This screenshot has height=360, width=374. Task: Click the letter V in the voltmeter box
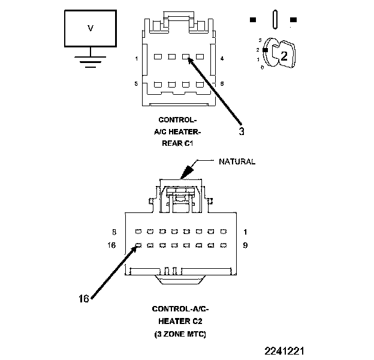(90, 28)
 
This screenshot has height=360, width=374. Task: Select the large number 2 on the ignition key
(284, 56)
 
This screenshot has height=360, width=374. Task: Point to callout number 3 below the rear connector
(241, 133)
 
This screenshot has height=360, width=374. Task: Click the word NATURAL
(237, 161)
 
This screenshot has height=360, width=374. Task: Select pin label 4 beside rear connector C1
(222, 59)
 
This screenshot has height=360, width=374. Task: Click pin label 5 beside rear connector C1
(137, 84)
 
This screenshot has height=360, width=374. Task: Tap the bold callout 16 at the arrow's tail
(84, 298)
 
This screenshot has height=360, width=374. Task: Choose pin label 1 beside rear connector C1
(137, 59)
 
